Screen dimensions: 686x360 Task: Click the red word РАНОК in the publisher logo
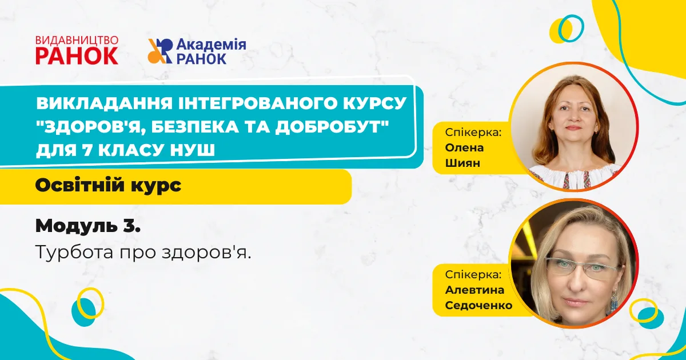point(77,56)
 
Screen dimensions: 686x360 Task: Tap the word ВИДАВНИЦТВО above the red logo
point(77,40)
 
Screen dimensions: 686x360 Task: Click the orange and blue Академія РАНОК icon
point(160,51)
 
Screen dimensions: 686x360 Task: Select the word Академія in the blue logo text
point(212,45)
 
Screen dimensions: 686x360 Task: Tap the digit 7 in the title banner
point(87,150)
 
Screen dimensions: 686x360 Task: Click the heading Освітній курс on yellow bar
point(109,186)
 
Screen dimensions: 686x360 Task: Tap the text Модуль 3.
point(88,226)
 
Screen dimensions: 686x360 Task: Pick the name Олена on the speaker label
point(464,147)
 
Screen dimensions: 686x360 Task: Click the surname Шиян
point(462,163)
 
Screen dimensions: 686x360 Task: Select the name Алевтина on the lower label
point(474,290)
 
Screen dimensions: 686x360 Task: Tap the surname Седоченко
point(478,305)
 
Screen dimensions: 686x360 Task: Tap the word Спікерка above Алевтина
point(473,275)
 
